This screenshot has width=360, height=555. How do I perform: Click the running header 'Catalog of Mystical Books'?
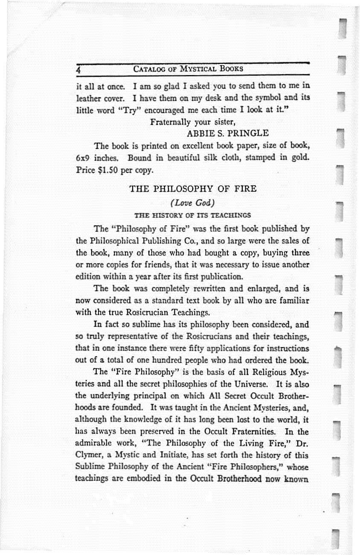[188, 68]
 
